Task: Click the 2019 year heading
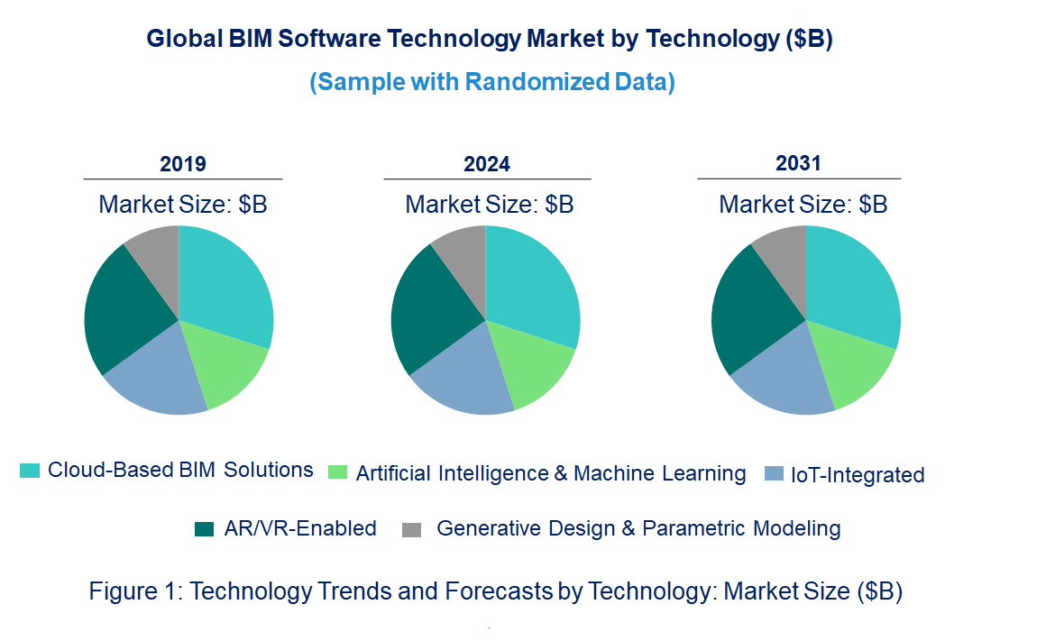pyautogui.click(x=183, y=164)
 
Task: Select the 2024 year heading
pyautogui.click(x=487, y=164)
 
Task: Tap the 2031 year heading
pyautogui.click(x=799, y=163)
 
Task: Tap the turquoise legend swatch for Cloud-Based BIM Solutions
pyautogui.click(x=30, y=471)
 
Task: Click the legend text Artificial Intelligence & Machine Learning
pyautogui.click(x=551, y=473)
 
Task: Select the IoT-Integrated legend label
pyautogui.click(x=858, y=475)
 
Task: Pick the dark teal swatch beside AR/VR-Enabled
pyautogui.click(x=205, y=530)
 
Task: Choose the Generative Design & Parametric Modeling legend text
pyautogui.click(x=638, y=529)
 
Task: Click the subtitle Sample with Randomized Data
pyautogui.click(x=492, y=82)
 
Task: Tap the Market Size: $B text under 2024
pyautogui.click(x=490, y=205)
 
